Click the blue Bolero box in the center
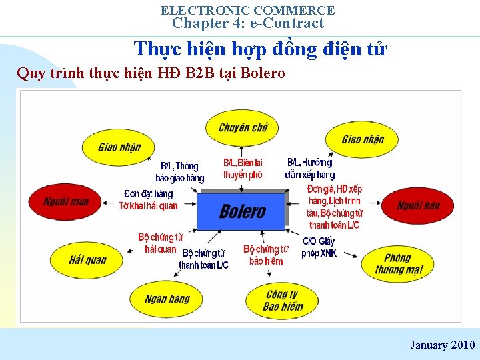[x=241, y=211]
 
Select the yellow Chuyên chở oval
[x=243, y=127]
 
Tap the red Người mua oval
[x=65, y=201]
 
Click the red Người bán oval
[x=418, y=205]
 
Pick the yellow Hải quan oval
[x=87, y=259]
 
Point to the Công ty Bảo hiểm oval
[x=283, y=301]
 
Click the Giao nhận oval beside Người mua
[x=119, y=147]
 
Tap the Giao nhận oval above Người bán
[x=363, y=139]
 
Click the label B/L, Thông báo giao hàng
[x=179, y=172]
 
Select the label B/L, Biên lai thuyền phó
[x=243, y=168]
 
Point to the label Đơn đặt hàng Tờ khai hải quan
[x=148, y=199]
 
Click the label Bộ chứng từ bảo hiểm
[x=265, y=255]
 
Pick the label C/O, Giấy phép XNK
[x=319, y=247]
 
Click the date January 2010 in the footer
[x=442, y=345]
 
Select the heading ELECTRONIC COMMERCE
[x=247, y=10]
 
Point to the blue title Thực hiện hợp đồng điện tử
[x=260, y=49]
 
